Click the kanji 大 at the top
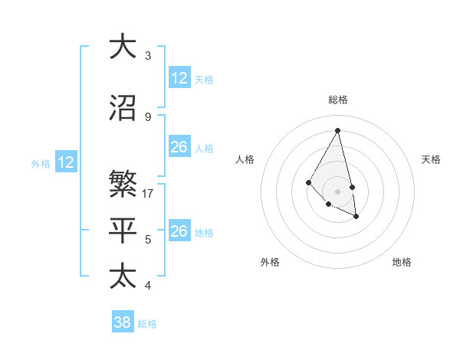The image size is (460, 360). click(123, 46)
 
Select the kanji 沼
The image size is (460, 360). click(123, 108)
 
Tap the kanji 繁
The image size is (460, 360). click(123, 184)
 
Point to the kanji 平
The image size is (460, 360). click(123, 230)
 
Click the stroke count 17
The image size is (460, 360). click(149, 194)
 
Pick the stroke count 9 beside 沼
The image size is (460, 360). click(148, 117)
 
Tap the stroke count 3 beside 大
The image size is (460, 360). click(148, 56)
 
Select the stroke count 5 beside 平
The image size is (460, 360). click(148, 240)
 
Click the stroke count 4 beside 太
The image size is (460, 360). click(148, 286)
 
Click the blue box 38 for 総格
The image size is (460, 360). click(123, 322)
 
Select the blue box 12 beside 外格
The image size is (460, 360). click(66, 162)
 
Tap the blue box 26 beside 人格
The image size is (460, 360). click(179, 147)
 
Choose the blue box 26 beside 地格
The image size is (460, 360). click(179, 231)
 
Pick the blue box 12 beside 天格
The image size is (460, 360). click(179, 78)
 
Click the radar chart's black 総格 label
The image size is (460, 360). click(337, 100)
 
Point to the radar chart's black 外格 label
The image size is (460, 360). click(270, 262)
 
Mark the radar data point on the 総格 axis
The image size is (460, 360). click(337, 131)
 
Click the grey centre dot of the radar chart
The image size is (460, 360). click(337, 191)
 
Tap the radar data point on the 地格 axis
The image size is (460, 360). click(356, 217)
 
